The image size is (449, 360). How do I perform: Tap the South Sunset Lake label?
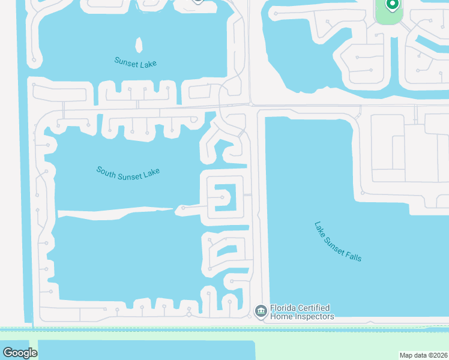pyautogui.click(x=128, y=172)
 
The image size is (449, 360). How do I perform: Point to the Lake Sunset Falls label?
pyautogui.click(x=338, y=241)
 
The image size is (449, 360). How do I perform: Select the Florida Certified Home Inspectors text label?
pyautogui.click(x=301, y=312)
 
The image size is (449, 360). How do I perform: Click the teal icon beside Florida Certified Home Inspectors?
pyautogui.click(x=261, y=311)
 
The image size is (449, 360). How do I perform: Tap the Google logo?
pyautogui.click(x=20, y=353)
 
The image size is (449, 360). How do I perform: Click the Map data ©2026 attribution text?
pyautogui.click(x=423, y=355)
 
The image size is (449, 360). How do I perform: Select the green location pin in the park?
pyautogui.click(x=392, y=5)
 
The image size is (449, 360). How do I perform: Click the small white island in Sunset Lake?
pyautogui.click(x=139, y=46)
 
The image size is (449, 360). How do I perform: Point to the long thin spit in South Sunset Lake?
pyautogui.click(x=114, y=211)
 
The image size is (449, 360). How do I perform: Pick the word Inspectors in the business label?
pyautogui.click(x=313, y=316)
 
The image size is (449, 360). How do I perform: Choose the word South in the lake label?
pyautogui.click(x=105, y=170)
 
